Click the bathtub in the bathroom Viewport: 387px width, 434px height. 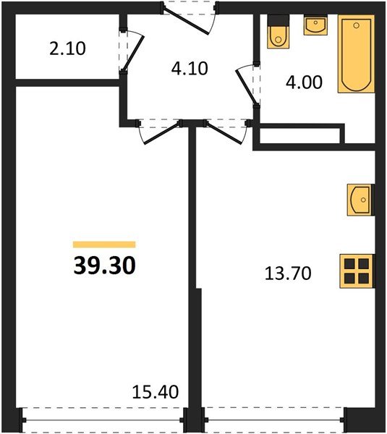(356, 56)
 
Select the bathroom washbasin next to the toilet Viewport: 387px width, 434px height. (315, 25)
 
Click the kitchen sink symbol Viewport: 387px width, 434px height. (360, 200)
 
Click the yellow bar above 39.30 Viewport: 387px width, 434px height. (104, 244)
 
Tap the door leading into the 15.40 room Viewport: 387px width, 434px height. (158, 130)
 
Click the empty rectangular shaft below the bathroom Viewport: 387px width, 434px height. (298, 136)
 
